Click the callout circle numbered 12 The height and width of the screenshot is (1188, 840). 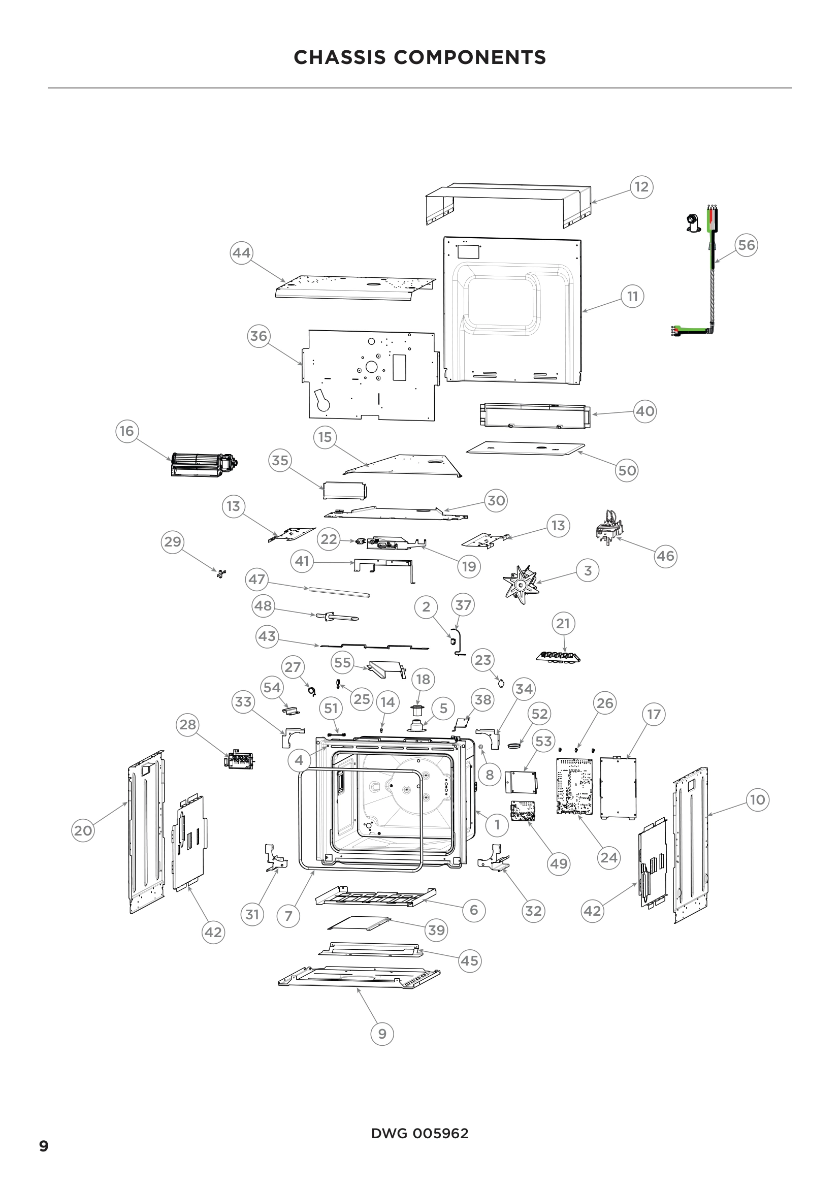641,187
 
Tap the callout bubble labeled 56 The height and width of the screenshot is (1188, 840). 746,245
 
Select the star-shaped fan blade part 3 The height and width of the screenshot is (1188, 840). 521,584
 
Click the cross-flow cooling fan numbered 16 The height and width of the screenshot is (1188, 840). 204,464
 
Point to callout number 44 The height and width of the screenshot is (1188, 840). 241,252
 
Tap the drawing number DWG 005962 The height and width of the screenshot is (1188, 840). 419,1133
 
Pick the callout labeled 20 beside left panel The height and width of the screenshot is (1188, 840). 83,830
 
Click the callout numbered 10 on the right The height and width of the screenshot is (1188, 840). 757,799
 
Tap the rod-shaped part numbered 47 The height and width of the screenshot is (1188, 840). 339,592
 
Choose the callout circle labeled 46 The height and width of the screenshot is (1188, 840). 665,556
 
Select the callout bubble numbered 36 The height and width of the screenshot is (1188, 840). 259,336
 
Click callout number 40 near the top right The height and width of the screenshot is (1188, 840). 644,411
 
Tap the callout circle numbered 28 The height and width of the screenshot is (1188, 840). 188,724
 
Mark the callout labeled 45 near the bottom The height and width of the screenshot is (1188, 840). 469,960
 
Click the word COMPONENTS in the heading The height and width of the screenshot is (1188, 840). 470,57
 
